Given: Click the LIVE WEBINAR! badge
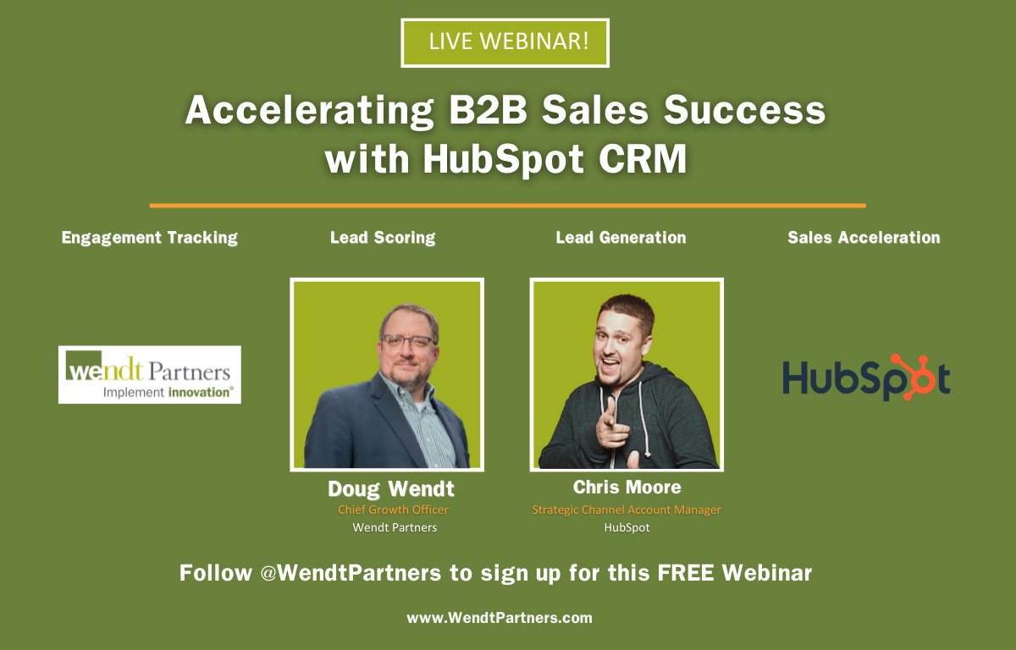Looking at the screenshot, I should (505, 42).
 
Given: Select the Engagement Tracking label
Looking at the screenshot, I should (150, 238).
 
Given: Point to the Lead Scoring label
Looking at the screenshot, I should (383, 238).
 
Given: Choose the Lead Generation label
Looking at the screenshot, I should (621, 238).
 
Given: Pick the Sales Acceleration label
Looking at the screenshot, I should (864, 238).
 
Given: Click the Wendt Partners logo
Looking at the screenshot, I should (150, 374).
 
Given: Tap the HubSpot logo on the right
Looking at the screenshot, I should (865, 377).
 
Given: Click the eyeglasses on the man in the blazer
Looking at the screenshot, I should (409, 340).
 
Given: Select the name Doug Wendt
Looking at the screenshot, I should (391, 489).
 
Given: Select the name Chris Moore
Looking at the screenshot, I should (627, 487).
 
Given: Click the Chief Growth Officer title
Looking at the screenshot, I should (393, 510).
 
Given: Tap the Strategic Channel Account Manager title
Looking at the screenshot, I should (627, 510).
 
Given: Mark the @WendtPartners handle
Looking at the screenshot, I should (350, 573).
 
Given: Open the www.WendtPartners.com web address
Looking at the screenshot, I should (500, 618).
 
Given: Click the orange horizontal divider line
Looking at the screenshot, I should (507, 206).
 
